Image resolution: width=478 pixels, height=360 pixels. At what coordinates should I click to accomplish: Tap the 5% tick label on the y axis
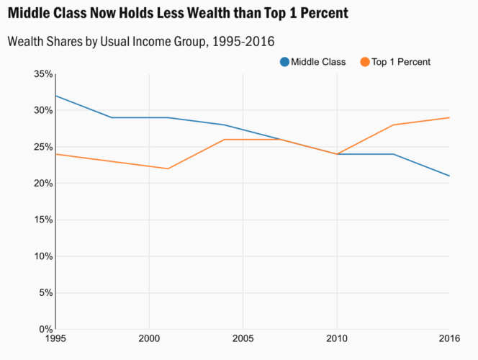[45, 293]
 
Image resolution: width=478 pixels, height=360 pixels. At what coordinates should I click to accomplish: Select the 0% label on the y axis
[45, 330]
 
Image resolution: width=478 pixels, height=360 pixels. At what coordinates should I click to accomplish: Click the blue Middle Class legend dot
[284, 62]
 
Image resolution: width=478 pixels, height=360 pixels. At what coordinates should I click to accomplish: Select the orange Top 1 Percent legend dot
[364, 62]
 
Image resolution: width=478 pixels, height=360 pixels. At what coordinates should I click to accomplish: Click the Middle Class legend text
[319, 62]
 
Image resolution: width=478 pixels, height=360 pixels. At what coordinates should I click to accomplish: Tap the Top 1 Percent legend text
[401, 62]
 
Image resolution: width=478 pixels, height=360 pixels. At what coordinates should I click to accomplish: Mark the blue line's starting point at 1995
[55, 96]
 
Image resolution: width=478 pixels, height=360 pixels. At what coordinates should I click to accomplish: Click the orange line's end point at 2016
[449, 117]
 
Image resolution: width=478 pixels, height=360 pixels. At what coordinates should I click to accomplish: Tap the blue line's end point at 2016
[449, 176]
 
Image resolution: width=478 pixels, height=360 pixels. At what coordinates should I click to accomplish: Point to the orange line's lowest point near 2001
[168, 168]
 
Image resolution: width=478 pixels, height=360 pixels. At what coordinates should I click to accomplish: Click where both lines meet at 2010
[336, 154]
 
